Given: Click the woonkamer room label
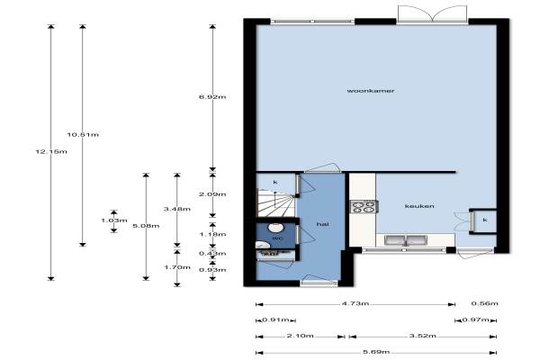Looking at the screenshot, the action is (371, 91).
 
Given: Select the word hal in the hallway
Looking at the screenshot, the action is (323, 224).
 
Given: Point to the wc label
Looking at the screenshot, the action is (277, 238).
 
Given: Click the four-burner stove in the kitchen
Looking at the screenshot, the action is (364, 206).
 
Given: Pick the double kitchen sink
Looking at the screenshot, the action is (406, 240).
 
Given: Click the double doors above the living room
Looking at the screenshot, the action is (433, 14).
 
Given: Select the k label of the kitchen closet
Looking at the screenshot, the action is (485, 220).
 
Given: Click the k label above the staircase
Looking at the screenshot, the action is (275, 182).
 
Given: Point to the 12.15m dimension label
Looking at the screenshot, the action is (51, 151).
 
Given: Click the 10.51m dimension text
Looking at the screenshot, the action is (83, 134).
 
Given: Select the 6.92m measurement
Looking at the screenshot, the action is (212, 97).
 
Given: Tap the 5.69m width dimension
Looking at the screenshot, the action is (376, 352).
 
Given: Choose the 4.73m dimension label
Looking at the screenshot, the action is (355, 303).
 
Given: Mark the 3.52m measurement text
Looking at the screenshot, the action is (423, 336).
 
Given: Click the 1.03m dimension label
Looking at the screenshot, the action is (114, 220).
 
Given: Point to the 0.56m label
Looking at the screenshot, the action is (484, 303).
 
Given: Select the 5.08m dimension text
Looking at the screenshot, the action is (146, 226).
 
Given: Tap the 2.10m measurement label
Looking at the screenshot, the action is (300, 336).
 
